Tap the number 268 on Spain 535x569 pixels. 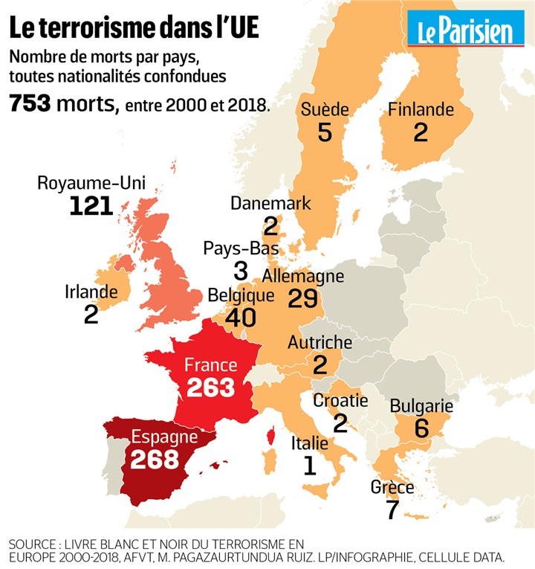(155, 458)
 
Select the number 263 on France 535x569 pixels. (210, 388)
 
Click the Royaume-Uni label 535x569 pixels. (91, 184)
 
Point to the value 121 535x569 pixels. (91, 206)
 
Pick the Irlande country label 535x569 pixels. (91, 292)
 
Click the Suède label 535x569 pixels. (325, 109)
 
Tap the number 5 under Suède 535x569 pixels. (325, 132)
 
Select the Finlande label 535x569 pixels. (421, 109)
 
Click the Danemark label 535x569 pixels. (270, 203)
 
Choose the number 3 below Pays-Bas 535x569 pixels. (240, 271)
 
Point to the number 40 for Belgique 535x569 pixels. (232, 318)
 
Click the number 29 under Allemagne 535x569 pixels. (302, 298)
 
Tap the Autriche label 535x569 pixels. (320, 343)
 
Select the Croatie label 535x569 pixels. (340, 401)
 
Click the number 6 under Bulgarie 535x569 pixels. (421, 428)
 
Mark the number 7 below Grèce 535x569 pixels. (392, 509)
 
